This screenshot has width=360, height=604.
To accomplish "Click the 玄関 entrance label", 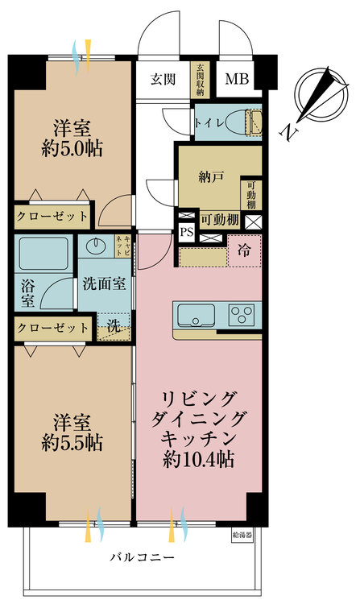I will point(163,79).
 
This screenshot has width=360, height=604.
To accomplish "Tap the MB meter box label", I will point(236,79).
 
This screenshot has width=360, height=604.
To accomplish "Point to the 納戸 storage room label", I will point(211,176).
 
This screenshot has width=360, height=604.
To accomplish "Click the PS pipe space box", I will point(187,232).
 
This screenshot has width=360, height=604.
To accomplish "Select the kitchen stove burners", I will point(241,312).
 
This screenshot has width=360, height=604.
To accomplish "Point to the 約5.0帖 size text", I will point(72,147).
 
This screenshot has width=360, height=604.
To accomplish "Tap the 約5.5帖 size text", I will point(72,442).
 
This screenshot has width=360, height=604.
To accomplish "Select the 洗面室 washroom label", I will point(104,284).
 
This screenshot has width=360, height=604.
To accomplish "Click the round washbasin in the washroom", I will point(98,246).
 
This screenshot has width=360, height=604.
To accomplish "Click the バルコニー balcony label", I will point(142,558).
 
